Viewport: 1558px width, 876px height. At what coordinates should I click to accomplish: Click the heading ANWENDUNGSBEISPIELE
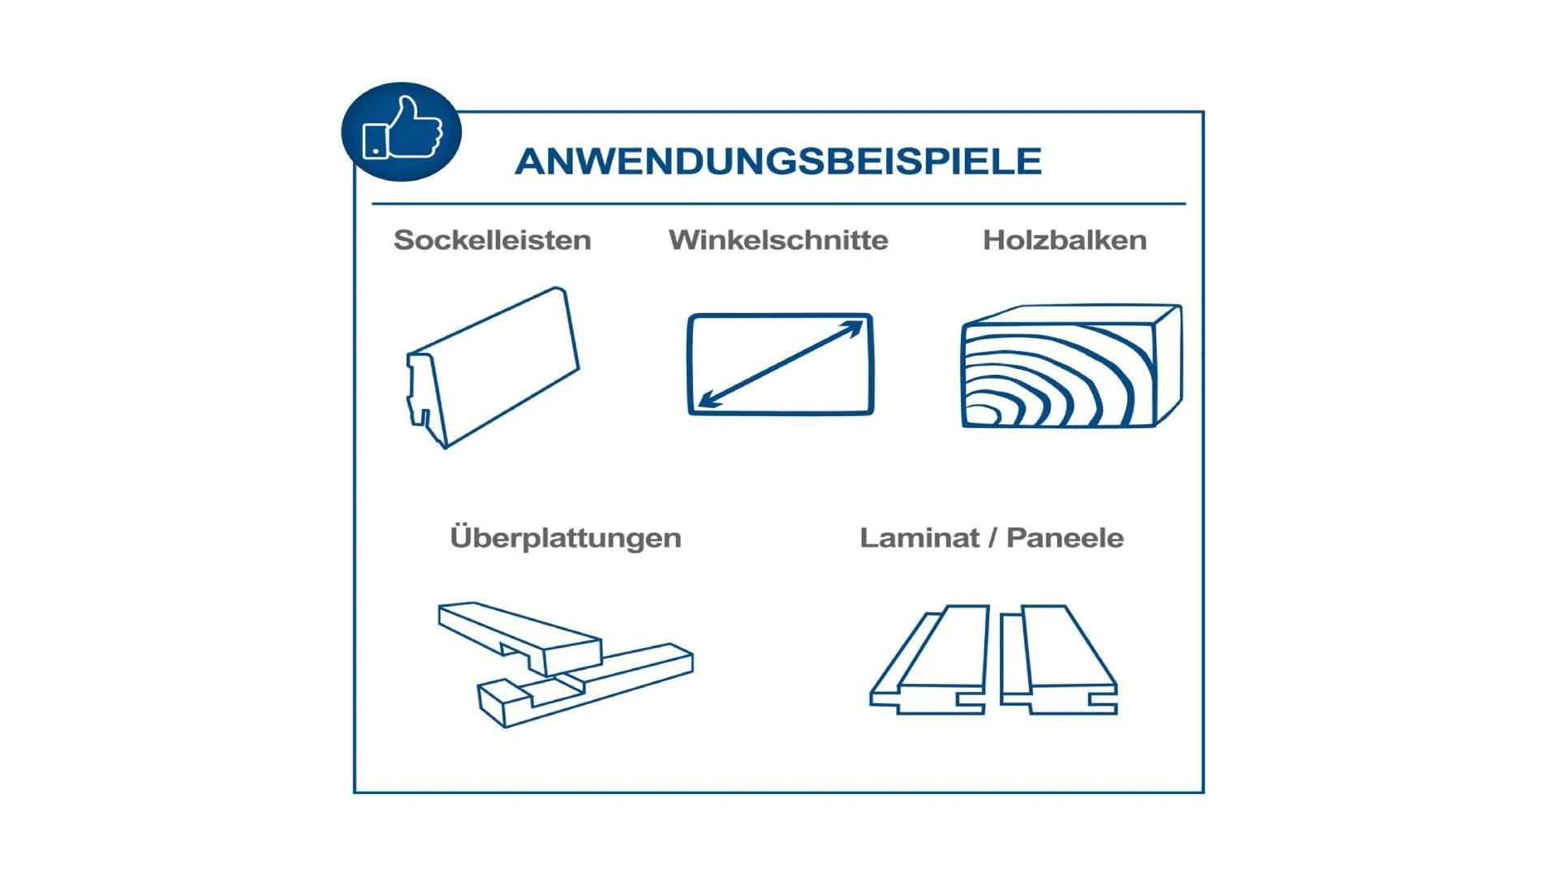click(x=778, y=161)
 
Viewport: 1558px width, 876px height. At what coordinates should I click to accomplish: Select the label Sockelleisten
click(x=492, y=240)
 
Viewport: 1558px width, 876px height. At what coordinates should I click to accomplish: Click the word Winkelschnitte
click(x=778, y=240)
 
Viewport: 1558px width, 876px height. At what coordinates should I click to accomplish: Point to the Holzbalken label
click(x=1065, y=240)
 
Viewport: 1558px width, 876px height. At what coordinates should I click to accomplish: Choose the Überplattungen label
click(x=566, y=537)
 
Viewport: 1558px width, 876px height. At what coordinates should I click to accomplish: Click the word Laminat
click(x=919, y=538)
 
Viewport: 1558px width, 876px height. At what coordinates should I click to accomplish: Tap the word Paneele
click(x=1065, y=538)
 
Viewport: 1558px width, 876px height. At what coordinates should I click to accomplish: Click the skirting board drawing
click(x=493, y=367)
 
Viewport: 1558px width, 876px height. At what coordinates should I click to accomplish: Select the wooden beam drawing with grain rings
click(x=1071, y=366)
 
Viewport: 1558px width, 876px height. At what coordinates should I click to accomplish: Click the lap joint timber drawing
click(x=566, y=664)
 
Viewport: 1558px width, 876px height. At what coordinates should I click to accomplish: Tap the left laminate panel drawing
click(x=929, y=659)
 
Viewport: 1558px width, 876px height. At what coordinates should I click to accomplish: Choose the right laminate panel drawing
click(x=1058, y=659)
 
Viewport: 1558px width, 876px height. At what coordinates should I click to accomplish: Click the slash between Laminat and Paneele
click(x=992, y=538)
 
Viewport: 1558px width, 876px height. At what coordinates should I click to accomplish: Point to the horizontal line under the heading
click(x=778, y=204)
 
